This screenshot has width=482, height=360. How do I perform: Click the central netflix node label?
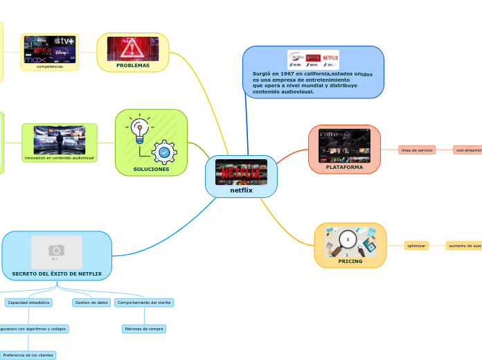(241, 190)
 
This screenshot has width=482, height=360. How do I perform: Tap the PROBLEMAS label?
(133, 65)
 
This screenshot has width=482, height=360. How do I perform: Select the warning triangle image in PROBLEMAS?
(132, 48)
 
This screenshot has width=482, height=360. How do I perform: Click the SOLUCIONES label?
(151, 169)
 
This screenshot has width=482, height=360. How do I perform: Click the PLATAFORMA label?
(344, 167)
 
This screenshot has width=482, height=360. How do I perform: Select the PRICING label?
(350, 262)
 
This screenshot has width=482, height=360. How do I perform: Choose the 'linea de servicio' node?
(417, 150)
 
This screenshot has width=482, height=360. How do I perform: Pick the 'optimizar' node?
(416, 246)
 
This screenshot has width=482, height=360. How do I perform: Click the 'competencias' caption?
(49, 66)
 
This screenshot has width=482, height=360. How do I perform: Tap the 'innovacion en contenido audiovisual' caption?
(59, 158)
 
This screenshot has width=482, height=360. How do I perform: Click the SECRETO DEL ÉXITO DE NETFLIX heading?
(57, 274)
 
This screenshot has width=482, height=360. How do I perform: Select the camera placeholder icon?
(57, 250)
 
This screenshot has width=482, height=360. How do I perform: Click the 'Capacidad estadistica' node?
(28, 303)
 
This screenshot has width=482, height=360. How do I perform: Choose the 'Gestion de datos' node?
(91, 303)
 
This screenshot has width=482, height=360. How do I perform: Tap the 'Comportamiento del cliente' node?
(144, 303)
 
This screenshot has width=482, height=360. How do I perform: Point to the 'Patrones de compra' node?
(144, 329)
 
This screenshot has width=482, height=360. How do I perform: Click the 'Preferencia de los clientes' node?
(28, 355)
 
